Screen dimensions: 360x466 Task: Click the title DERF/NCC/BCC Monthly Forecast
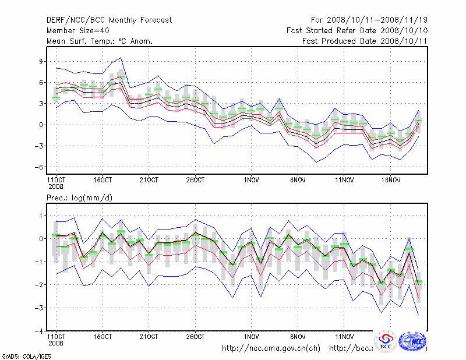pyautogui.click(x=110, y=20)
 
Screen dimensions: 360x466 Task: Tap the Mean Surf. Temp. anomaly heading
pyautogui.click(x=100, y=41)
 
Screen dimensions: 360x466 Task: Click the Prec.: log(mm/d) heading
pyautogui.click(x=80, y=198)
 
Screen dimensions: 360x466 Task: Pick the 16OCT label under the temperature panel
pyautogui.click(x=102, y=180)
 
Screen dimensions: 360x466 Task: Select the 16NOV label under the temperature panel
pyautogui.click(x=391, y=180)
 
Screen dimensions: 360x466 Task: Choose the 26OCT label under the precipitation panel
pyautogui.click(x=195, y=336)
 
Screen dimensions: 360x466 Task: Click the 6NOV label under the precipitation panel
pyautogui.click(x=298, y=336)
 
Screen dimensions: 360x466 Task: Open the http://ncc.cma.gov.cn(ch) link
pyautogui.click(x=271, y=348)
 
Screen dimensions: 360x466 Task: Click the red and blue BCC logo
pyautogui.click(x=386, y=341)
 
